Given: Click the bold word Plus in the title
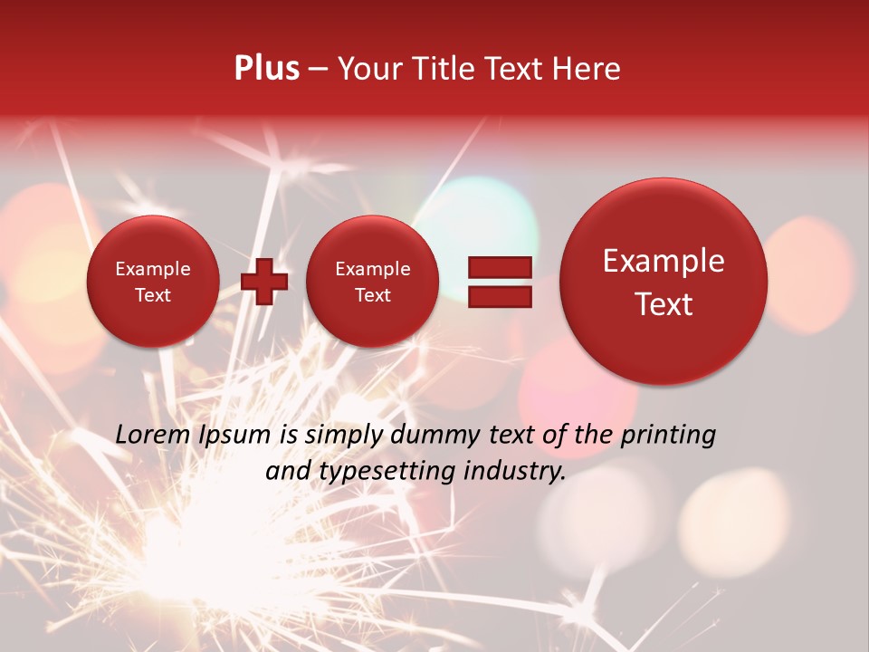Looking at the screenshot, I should tap(266, 69).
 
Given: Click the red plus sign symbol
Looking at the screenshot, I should tap(264, 281).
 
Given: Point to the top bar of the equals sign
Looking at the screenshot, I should tap(499, 267).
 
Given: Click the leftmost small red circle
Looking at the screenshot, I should tap(152, 281).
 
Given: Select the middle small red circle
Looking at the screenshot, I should tap(372, 281).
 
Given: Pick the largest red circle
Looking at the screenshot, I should tap(664, 281).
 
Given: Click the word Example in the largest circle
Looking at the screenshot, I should tap(664, 261).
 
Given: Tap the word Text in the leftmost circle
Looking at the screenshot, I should tap(152, 295).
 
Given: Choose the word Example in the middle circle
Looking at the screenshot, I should tap(372, 269).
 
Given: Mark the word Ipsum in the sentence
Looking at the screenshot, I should tap(234, 435).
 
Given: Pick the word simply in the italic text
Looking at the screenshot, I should tap(343, 435).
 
